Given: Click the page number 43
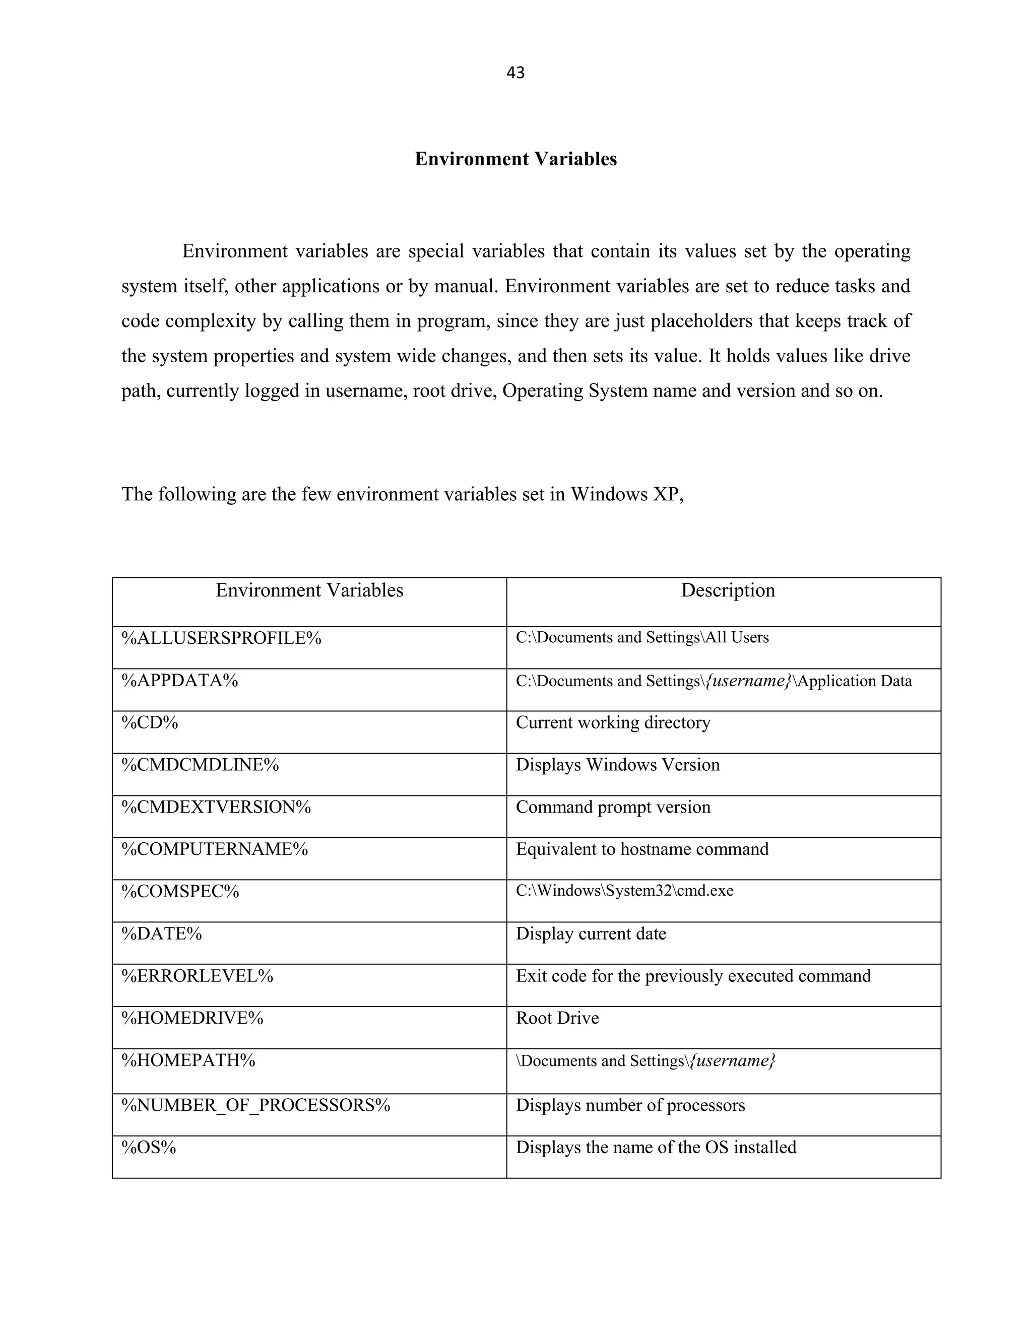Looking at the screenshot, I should pyautogui.click(x=515, y=73).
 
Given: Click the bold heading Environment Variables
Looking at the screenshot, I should pyautogui.click(x=515, y=159).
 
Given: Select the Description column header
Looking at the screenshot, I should pyautogui.click(x=728, y=590).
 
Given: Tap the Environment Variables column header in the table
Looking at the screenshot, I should pyautogui.click(x=309, y=590).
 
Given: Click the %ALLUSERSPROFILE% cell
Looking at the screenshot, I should pyautogui.click(x=221, y=638).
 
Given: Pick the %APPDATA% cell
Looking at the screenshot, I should pyautogui.click(x=180, y=680).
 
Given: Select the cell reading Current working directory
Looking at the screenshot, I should pyautogui.click(x=613, y=722).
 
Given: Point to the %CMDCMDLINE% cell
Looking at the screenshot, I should pyautogui.click(x=200, y=765).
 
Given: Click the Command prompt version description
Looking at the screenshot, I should pyautogui.click(x=613, y=807).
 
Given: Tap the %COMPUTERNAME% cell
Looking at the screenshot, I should pyautogui.click(x=215, y=849).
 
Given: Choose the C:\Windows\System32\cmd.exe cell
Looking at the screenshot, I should pyautogui.click(x=624, y=891).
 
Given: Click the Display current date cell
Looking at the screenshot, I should pyautogui.click(x=591, y=933).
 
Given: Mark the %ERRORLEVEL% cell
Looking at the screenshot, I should pyautogui.click(x=197, y=976).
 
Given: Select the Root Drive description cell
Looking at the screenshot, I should pyautogui.click(x=557, y=1018).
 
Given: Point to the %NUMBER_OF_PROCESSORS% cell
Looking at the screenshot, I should pyautogui.click(x=255, y=1105).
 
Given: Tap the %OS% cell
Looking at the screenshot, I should pyautogui.click(x=149, y=1147).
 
